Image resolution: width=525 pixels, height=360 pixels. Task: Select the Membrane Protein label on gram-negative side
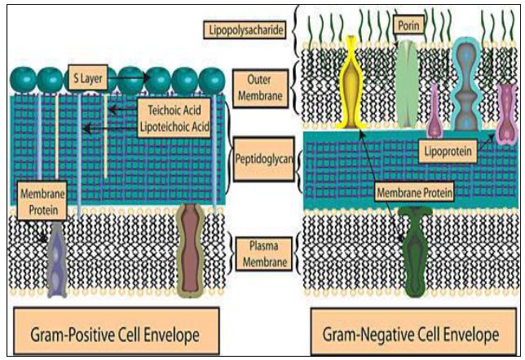[x=413, y=192]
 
